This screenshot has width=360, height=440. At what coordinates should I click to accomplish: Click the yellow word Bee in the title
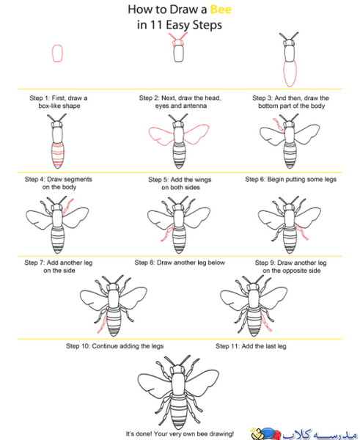[221, 10]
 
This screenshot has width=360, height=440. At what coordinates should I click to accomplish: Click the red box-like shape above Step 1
[57, 54]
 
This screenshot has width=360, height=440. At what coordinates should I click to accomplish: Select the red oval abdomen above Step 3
[290, 73]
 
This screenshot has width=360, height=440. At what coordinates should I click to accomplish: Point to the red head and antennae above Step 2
[178, 40]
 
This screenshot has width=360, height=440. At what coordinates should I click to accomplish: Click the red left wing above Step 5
[161, 136]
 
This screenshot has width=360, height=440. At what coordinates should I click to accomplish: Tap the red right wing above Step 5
[196, 134]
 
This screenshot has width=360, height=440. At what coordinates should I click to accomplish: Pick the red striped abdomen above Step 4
[58, 155]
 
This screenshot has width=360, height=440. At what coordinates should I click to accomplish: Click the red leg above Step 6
[279, 125]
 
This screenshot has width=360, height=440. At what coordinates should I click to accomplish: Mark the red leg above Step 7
[68, 206]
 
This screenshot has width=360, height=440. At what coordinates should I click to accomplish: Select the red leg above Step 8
[167, 233]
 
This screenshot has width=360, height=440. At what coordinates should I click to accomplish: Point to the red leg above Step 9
[301, 232]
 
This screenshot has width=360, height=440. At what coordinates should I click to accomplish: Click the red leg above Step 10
[103, 322]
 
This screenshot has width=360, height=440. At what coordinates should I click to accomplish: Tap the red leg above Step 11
[266, 321]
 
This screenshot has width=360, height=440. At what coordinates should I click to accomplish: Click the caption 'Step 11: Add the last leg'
[251, 346]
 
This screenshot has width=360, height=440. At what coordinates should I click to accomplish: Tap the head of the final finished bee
[177, 369]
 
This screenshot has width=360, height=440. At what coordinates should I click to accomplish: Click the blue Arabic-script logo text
[320, 433]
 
